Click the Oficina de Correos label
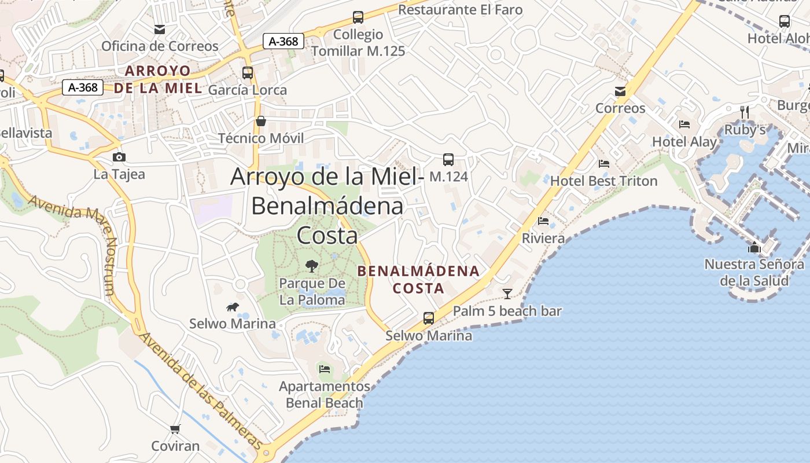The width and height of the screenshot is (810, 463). coord(160,46)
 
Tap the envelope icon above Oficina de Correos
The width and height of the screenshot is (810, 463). coord(160,30)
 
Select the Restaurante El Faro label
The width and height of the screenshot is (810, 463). coord(460,10)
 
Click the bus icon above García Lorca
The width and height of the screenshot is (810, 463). coord(248,73)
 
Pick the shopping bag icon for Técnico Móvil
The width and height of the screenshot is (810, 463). coord(261,121)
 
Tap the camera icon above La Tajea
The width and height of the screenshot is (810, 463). coord(119,157)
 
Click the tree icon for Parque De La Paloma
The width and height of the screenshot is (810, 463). coord(312,266)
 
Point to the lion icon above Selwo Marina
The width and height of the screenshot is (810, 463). coord(233,307)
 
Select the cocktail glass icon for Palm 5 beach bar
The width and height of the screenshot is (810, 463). coord(507,294)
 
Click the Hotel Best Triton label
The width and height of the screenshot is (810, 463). coord(603,181)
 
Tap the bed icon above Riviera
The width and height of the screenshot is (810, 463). coord(543,221)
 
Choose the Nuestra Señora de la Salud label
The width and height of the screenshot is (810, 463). coord(754,273)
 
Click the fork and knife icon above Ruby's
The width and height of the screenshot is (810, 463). coord(745,111)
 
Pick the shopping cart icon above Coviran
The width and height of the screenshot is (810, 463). coord(175,429)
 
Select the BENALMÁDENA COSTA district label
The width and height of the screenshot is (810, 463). coord(418,280)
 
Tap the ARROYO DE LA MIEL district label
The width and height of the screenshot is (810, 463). coord(158,79)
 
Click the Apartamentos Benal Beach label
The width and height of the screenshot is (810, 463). coord(325,394)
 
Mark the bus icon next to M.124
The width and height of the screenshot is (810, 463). coord(448,160)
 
